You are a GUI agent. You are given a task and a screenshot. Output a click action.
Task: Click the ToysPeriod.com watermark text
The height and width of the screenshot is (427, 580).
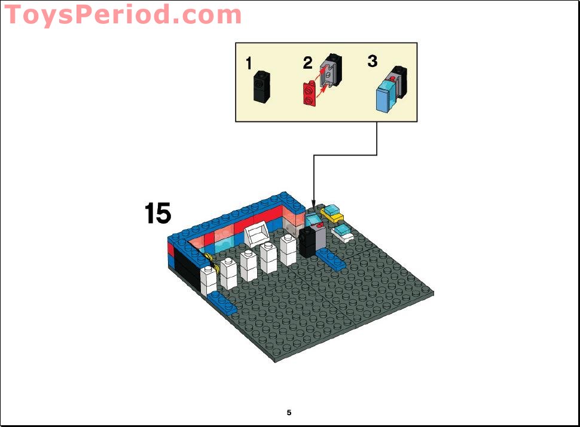click(123, 14)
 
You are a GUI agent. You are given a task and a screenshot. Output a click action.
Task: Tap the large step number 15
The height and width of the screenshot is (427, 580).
click(157, 213)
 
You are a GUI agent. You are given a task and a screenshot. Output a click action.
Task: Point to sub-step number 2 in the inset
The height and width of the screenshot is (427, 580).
click(307, 62)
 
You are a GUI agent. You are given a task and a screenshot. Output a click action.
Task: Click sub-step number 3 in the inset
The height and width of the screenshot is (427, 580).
click(372, 61)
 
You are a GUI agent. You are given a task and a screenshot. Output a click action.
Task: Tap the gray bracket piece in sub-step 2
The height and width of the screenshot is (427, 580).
click(331, 71)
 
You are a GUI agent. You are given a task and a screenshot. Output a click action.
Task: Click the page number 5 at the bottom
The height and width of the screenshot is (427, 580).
click(289, 413)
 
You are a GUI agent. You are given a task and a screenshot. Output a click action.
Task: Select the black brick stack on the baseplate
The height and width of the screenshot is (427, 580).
click(308, 243)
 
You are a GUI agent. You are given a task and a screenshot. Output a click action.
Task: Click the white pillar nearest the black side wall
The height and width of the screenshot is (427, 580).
click(209, 280)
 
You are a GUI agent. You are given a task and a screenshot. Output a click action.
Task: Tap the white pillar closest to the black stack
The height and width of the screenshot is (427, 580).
click(288, 249)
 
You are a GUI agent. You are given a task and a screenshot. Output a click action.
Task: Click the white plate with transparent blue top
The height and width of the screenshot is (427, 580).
click(344, 233)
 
